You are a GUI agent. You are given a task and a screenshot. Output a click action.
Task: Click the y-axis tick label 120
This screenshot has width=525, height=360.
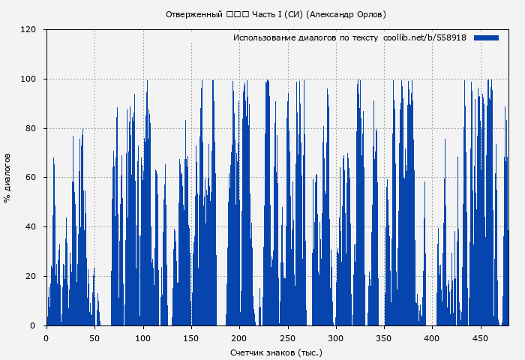(x=28, y=30)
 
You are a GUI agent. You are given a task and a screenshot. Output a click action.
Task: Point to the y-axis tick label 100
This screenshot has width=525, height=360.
(x=28, y=79)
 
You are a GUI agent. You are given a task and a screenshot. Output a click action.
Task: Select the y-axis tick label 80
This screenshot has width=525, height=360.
(x=30, y=128)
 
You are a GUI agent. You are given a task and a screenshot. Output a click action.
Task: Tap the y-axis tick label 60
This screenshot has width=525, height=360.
(x=30, y=178)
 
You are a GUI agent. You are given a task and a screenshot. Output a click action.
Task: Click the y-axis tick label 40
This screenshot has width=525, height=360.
(x=30, y=227)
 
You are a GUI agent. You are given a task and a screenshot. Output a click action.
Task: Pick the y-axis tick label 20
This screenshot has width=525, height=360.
(x=30, y=277)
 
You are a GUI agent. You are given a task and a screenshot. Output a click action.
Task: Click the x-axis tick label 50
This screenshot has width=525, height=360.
(x=94, y=338)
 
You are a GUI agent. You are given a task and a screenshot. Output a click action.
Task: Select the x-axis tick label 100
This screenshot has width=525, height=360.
(x=142, y=338)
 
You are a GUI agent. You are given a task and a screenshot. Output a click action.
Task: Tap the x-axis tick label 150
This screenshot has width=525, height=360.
(x=191, y=338)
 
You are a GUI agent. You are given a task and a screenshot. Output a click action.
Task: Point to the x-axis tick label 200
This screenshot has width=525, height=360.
(x=239, y=338)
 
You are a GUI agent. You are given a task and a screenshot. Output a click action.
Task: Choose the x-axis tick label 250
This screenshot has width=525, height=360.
(x=287, y=338)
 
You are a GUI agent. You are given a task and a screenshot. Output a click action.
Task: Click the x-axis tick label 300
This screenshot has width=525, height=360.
(x=336, y=338)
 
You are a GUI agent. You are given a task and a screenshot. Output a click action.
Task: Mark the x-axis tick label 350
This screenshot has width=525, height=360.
(x=384, y=338)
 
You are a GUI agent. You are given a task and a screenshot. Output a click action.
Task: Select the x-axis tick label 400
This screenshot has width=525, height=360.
(x=432, y=338)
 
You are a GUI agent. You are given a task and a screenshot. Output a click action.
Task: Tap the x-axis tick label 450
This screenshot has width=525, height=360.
(x=481, y=338)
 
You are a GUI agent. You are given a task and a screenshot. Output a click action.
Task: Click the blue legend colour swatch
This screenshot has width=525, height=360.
(x=486, y=37)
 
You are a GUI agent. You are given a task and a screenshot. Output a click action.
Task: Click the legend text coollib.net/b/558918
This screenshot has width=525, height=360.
(x=424, y=37)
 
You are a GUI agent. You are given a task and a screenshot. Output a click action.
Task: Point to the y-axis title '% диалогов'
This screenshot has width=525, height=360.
(x=7, y=178)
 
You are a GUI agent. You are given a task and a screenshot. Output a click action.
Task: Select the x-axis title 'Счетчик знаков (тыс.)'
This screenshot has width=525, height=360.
(x=277, y=352)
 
